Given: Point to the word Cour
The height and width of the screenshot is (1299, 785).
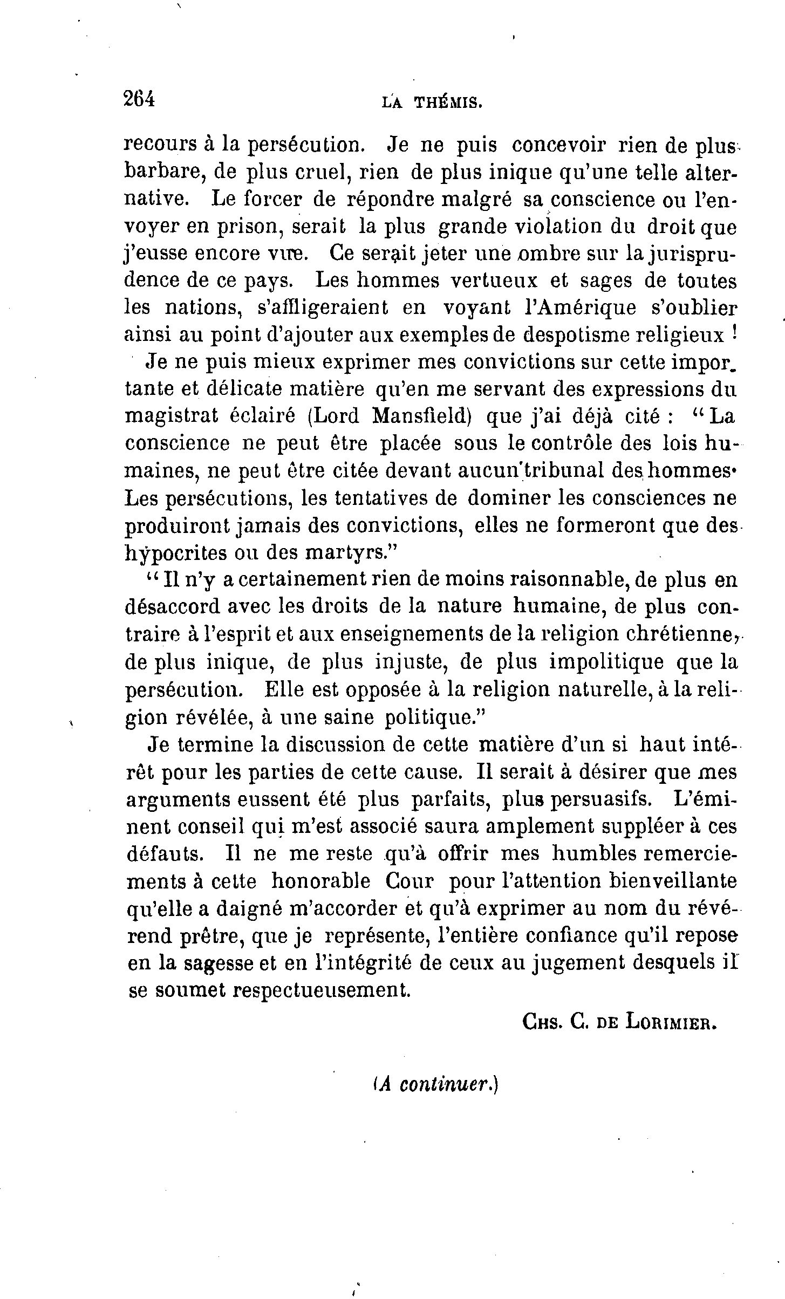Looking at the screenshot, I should pyautogui.click(x=409, y=881).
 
